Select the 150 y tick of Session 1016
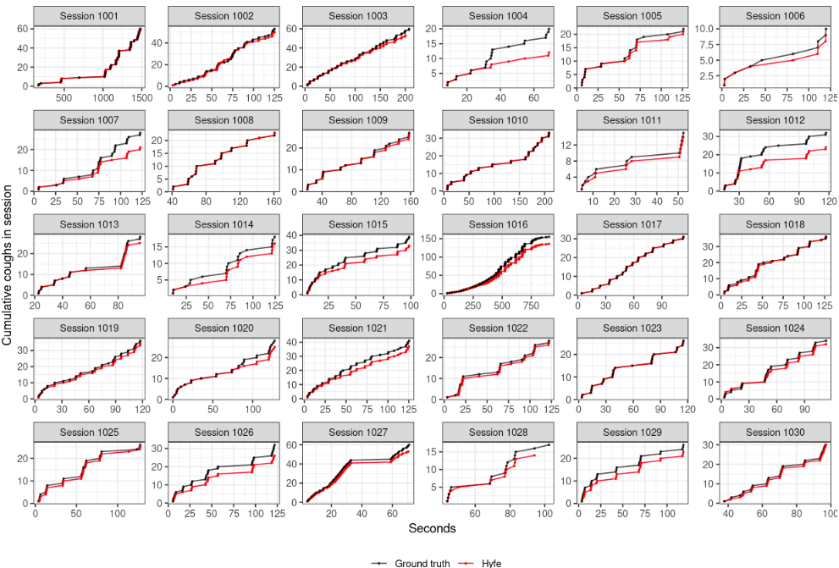coord(432,238)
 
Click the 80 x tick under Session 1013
coord(119,306)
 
